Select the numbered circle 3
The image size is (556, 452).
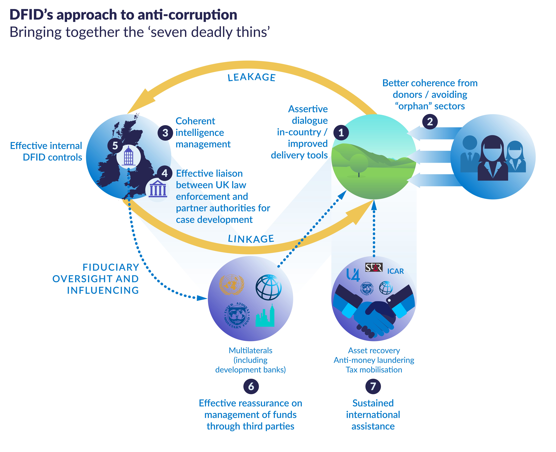[165, 133]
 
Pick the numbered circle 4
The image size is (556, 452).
[164, 173]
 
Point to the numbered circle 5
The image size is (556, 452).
[115, 146]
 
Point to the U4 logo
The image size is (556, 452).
[353, 275]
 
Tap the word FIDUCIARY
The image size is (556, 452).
[111, 267]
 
